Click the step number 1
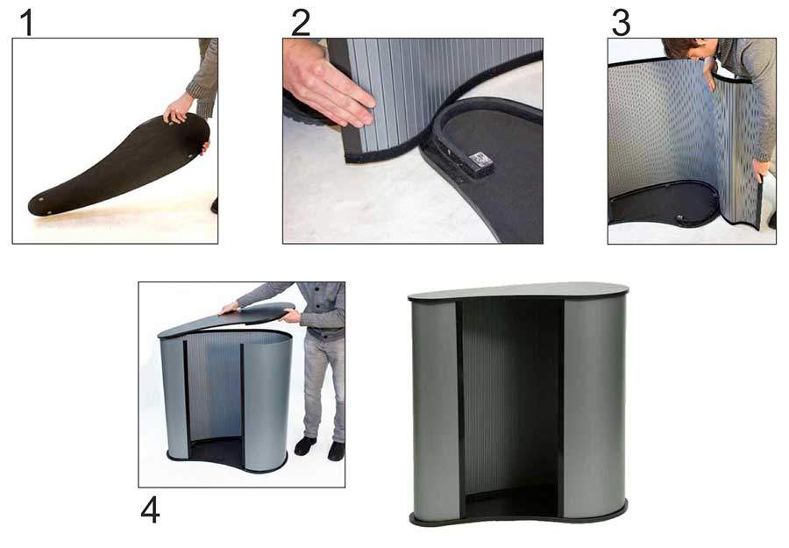27,23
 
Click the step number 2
301,23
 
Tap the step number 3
621,23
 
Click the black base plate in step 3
664,203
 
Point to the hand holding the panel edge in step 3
761,169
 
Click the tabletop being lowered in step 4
226,320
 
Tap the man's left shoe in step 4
305,445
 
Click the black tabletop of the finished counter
518,292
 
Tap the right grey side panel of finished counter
594,408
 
